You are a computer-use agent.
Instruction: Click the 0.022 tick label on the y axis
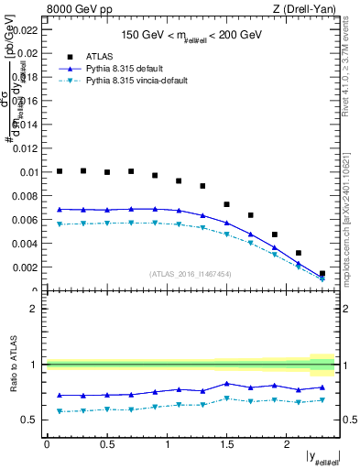click(27, 29)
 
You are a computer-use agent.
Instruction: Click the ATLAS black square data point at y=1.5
click(227, 204)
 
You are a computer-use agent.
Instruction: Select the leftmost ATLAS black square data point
click(60, 171)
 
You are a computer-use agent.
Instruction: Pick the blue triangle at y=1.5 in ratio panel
click(227, 384)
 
